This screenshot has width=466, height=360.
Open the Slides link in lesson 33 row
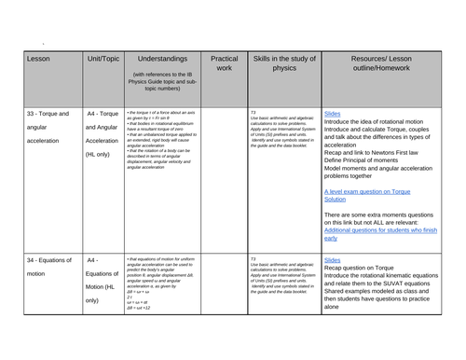pos(333,113)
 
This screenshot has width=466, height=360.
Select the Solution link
pos(340,198)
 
